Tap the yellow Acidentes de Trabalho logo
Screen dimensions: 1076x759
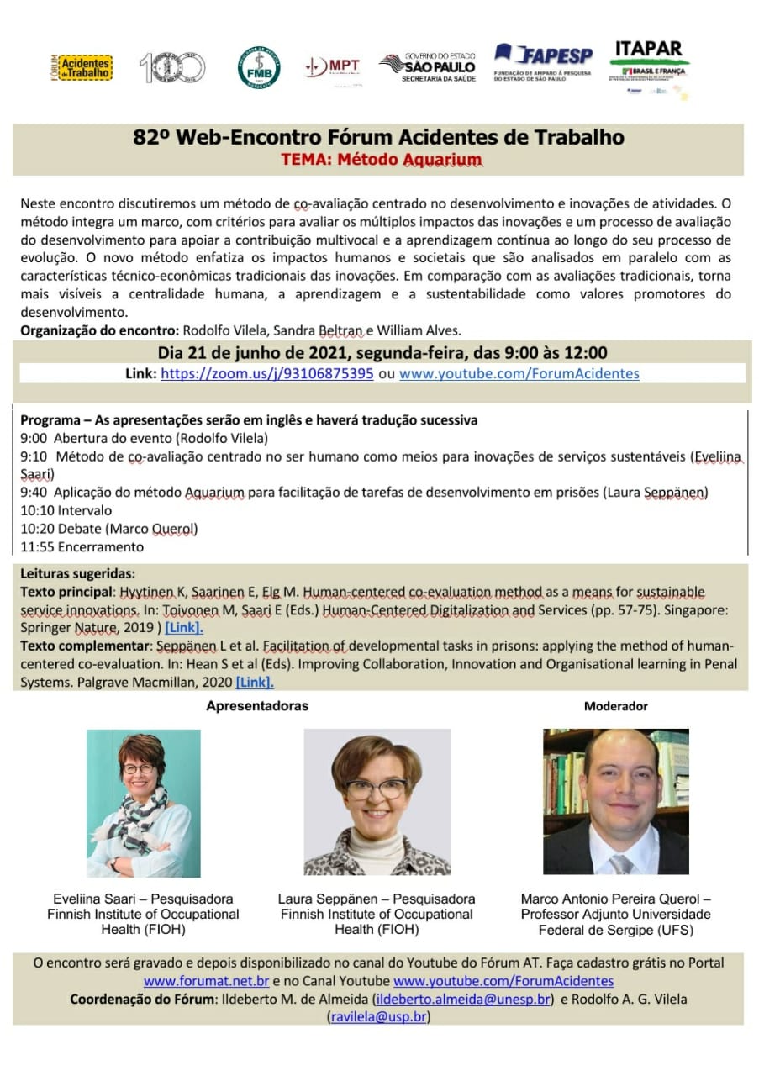click(82, 67)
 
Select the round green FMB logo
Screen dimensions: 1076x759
click(259, 67)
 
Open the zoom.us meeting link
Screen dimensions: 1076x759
click(266, 373)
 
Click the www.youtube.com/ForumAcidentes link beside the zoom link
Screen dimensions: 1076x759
click(519, 373)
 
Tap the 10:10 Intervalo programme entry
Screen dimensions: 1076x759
click(66, 510)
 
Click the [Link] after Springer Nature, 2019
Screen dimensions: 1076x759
click(184, 627)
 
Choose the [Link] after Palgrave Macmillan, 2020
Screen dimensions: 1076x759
click(255, 683)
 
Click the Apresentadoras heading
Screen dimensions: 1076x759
click(257, 706)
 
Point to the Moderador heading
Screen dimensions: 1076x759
click(615, 706)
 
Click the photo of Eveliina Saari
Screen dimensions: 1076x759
click(144, 803)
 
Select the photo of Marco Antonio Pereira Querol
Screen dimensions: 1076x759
click(616, 801)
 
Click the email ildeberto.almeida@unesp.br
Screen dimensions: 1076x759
click(463, 1000)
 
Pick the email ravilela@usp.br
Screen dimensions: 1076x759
click(378, 1017)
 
